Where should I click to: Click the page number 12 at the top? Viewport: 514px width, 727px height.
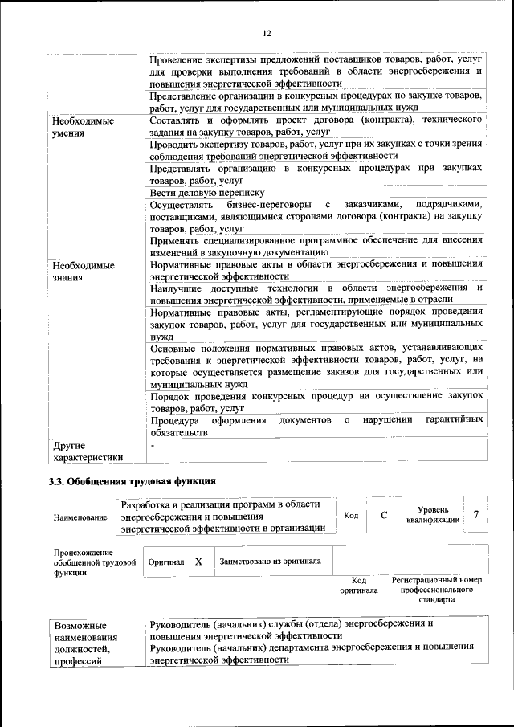coord(267,33)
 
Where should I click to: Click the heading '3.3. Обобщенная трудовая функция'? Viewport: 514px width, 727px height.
coord(133,482)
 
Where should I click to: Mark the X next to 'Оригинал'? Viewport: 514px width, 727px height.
coord(198,562)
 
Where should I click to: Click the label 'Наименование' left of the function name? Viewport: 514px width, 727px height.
coord(80,518)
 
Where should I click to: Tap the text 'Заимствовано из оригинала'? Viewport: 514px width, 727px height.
coord(271,562)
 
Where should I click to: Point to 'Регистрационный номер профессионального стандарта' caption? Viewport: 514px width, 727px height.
coord(436,589)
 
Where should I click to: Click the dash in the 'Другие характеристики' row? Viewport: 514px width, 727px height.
coord(152,443)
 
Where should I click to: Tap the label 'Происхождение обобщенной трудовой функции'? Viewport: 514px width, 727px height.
coord(84,563)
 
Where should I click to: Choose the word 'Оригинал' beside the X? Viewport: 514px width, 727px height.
coord(166,562)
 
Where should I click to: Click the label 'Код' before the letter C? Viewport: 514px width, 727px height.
coord(351,516)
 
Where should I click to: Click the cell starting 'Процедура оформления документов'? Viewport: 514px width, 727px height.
coord(316,426)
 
